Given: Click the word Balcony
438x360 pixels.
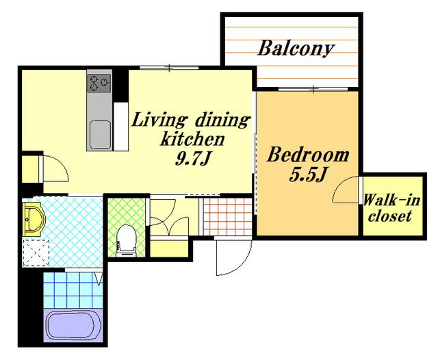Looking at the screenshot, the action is [296, 49].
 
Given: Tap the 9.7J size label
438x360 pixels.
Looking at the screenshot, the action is [192, 159].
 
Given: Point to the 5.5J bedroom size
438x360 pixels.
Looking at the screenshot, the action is [308, 175].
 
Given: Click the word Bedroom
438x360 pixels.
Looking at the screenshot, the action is [308, 155].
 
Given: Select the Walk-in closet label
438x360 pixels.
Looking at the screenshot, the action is [391, 208].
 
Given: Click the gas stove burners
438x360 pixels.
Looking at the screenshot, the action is [99, 83].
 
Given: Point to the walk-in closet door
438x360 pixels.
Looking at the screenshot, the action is [346, 190].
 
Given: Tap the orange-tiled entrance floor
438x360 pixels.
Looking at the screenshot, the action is [228, 216].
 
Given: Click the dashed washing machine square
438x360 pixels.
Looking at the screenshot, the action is [36, 253].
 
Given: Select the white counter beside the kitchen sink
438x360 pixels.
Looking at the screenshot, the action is [121, 127].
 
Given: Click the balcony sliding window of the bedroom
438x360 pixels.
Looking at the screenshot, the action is [313, 90].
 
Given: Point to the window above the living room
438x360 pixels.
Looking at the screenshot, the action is [169, 67].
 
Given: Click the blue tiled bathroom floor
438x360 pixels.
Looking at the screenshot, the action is [73, 290].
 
